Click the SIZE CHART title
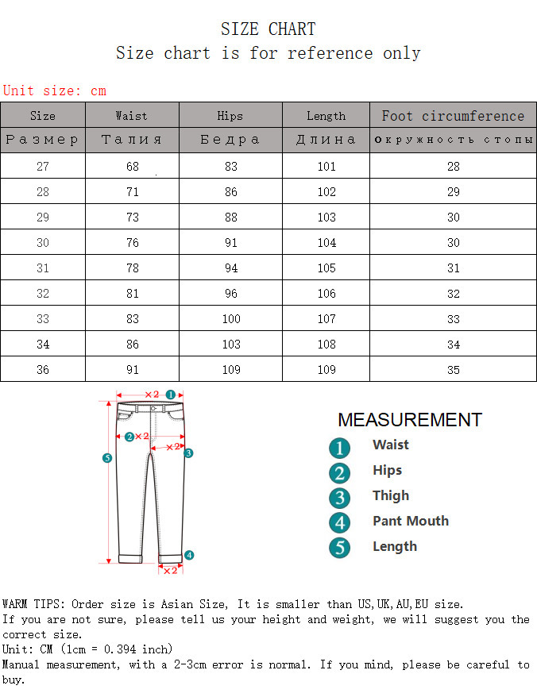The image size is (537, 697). click(268, 29)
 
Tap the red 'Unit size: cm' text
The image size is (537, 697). click(54, 90)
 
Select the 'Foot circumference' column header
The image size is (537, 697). click(453, 116)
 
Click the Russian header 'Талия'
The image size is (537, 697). click(132, 140)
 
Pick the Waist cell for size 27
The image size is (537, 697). click(132, 167)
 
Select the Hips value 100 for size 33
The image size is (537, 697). click(230, 319)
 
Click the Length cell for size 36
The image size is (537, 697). click(326, 370)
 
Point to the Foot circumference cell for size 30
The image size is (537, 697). click(453, 243)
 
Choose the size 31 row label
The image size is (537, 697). click(43, 268)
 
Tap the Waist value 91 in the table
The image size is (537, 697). click(132, 370)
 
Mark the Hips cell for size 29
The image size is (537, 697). click(230, 218)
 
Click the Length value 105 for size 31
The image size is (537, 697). click(326, 268)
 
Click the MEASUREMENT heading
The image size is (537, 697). click(409, 420)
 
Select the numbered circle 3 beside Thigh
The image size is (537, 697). click(339, 499)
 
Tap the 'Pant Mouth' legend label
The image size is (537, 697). click(411, 522)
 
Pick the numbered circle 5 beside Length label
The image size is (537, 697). click(339, 548)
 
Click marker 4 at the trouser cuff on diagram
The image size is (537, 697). click(189, 555)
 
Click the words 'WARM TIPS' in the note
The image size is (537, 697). click(33, 605)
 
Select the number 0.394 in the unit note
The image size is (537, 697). click(120, 649)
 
